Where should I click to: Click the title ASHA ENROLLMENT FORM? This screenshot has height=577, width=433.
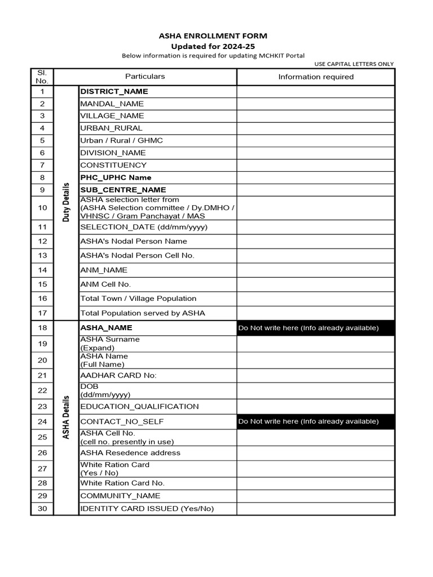(x=213, y=35)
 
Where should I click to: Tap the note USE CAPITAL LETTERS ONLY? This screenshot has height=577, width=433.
(x=354, y=64)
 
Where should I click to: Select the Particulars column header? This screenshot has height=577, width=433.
(x=145, y=77)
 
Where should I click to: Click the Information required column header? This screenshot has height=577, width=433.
(x=316, y=77)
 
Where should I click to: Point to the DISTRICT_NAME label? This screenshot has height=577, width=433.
(x=114, y=91)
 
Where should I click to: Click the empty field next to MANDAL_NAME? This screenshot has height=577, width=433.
(x=316, y=104)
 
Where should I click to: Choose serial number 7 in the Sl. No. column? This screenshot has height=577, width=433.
(x=42, y=165)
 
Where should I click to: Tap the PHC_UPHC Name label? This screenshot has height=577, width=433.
(x=116, y=177)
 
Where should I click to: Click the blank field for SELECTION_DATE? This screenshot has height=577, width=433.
(x=316, y=227)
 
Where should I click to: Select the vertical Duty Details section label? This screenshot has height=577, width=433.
(x=66, y=202)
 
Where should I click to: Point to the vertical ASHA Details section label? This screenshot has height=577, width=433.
(x=66, y=417)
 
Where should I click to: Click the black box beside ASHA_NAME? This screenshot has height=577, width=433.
(x=316, y=328)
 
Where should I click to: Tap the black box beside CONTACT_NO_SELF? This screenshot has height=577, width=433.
(x=316, y=421)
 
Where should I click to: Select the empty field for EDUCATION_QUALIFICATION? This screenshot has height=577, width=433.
(x=316, y=406)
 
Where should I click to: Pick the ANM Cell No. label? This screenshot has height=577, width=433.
(x=105, y=285)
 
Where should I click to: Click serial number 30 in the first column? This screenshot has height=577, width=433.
(x=42, y=509)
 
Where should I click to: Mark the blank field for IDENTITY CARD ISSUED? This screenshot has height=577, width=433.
(x=316, y=509)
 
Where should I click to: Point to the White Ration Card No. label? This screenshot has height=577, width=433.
(x=122, y=483)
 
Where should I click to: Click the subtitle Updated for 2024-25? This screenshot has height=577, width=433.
(x=213, y=46)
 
